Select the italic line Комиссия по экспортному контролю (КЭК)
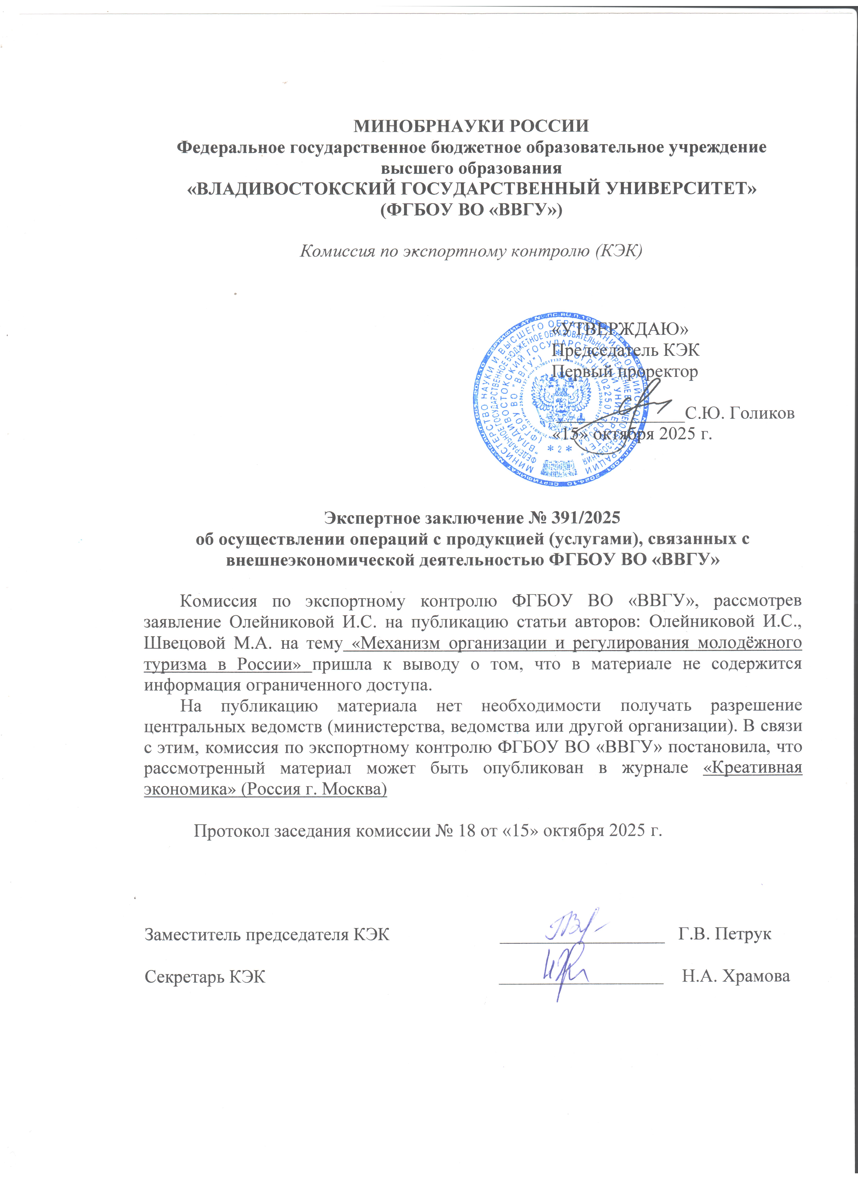coord(471,251)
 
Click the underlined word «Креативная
coord(752,768)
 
